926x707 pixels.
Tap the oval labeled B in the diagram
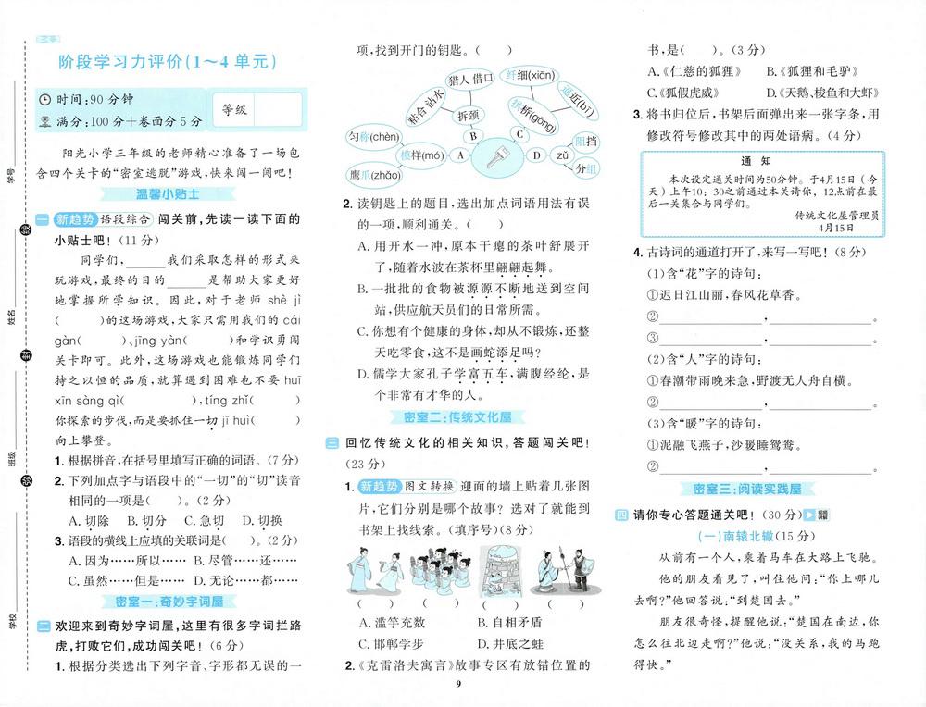(x=472, y=135)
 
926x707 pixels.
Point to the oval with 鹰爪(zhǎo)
(x=375, y=175)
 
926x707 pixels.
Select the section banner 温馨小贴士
(x=164, y=195)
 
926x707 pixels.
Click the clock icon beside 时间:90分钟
(x=45, y=99)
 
